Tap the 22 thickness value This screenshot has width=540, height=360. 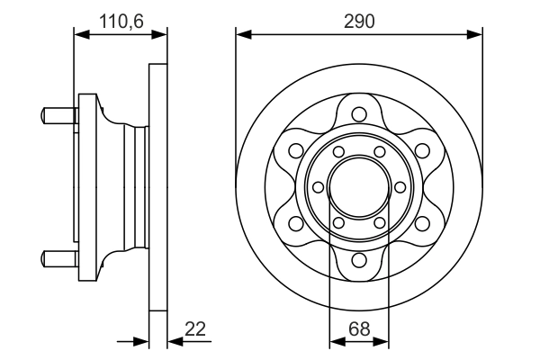[194, 329]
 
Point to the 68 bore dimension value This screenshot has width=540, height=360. [359, 329]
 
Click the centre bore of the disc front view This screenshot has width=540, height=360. [359, 187]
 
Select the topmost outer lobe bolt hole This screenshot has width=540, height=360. [359, 114]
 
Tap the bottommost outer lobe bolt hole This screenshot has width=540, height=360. [359, 261]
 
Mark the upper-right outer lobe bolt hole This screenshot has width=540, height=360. [422, 150]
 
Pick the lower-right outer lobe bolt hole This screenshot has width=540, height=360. [422, 224]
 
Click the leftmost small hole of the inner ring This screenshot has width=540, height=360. [319, 187]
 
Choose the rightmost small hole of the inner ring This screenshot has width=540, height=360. [399, 187]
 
